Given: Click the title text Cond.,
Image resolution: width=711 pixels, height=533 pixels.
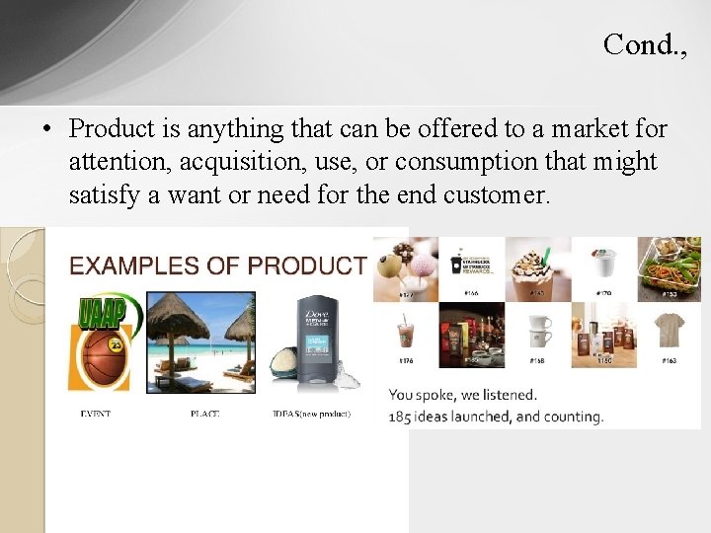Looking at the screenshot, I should click(644, 44).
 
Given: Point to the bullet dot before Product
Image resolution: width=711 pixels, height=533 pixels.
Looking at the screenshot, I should click(46, 129).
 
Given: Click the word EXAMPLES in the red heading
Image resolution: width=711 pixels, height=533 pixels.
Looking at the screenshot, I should click(129, 266).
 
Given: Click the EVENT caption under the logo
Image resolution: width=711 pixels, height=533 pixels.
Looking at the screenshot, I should click(95, 414).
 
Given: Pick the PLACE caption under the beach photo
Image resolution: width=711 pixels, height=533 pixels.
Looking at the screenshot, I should click(204, 414).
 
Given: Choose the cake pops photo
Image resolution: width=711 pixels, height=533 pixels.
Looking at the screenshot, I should click(406, 266).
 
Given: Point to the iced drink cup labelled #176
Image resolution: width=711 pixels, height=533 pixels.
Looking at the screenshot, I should click(405, 333).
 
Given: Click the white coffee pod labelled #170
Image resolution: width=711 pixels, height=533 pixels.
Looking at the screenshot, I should click(602, 265).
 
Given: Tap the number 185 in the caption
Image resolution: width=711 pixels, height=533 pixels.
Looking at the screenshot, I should click(400, 417).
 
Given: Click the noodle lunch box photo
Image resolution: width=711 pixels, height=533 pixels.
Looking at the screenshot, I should click(669, 266).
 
